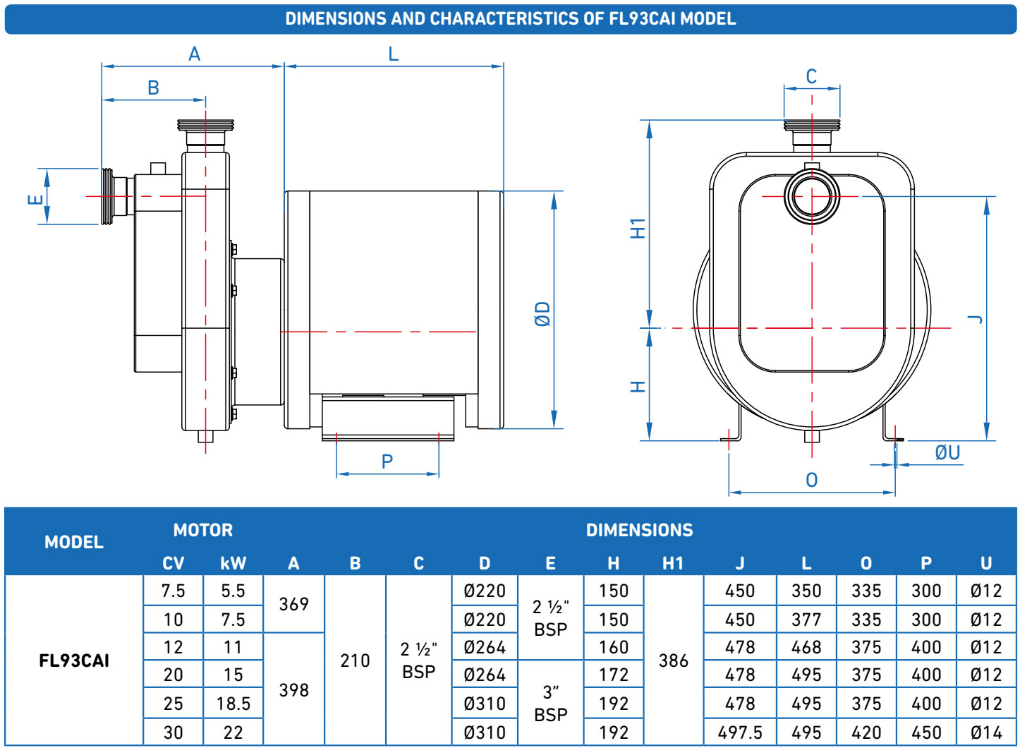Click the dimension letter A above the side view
point(195,54)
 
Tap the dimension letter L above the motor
point(394,54)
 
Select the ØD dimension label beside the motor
point(542,314)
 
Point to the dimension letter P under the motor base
point(387,462)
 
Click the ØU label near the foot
point(947,453)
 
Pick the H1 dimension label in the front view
point(638,228)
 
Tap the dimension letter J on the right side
point(975,320)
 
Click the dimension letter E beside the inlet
point(35,200)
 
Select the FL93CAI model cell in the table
point(74,660)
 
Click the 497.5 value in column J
point(740,732)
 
